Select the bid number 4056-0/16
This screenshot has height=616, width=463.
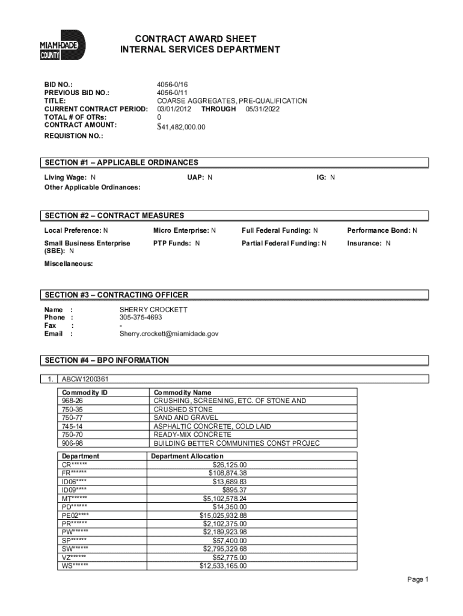173,85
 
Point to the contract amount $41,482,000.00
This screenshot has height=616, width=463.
181,127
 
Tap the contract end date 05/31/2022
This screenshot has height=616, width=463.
262,109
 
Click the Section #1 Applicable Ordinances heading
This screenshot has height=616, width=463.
121,162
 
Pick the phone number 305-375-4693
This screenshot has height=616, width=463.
141,317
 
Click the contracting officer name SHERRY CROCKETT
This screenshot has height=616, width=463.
153,309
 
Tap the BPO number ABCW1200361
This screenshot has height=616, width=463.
85,379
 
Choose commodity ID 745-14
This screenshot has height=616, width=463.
72,426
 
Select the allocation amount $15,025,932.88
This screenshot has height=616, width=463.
222,516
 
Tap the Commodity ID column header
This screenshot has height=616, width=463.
84,392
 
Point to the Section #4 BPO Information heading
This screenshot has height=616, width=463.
106,360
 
